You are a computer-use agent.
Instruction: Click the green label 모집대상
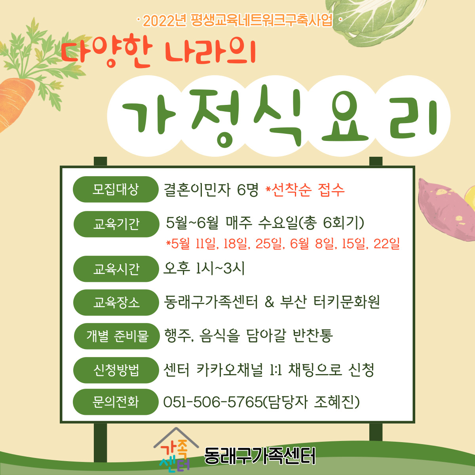[116, 189]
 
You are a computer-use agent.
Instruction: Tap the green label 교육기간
[116, 224]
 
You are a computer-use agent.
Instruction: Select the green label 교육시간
[116, 269]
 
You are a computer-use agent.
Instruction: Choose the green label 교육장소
[116, 302]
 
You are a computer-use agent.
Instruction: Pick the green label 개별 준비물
[117, 336]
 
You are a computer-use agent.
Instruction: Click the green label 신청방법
[116, 370]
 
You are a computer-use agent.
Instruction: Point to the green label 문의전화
[116, 402]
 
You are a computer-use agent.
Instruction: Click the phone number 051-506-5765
[213, 402]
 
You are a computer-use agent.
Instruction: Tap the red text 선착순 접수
[307, 190]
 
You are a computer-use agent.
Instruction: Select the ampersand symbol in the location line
[269, 302]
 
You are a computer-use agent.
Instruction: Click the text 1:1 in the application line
[276, 370]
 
